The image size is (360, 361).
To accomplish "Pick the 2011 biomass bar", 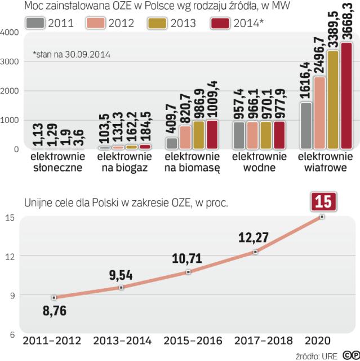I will [171, 142].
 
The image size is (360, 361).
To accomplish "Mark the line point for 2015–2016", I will [188, 272].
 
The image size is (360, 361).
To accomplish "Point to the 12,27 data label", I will [255, 236].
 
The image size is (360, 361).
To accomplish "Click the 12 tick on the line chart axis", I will [9, 256].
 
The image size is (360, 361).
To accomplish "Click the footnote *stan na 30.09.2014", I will [71, 55].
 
